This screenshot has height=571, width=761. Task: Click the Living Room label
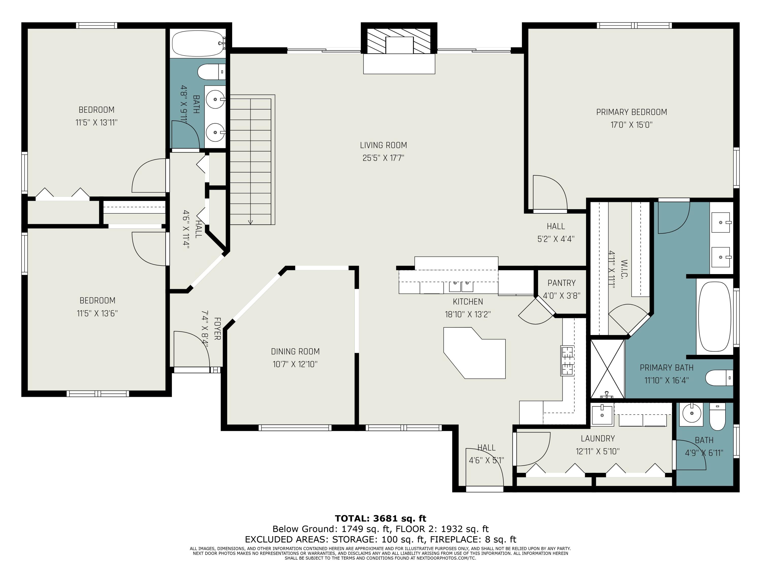383,145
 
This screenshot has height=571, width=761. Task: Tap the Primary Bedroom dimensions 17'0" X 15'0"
631,125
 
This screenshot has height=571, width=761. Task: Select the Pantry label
561,283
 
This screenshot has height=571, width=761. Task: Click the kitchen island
474,353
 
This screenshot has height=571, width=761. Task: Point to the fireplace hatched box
399,41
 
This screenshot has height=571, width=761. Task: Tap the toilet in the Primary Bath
719,378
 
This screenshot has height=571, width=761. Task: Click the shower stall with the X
608,369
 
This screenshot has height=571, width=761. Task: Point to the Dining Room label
295,351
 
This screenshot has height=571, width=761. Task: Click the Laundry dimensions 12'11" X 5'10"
598,451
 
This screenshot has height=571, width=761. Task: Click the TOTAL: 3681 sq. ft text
380,518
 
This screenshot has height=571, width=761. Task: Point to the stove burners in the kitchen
567,360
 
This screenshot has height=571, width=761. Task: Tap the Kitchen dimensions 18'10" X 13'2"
468,314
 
